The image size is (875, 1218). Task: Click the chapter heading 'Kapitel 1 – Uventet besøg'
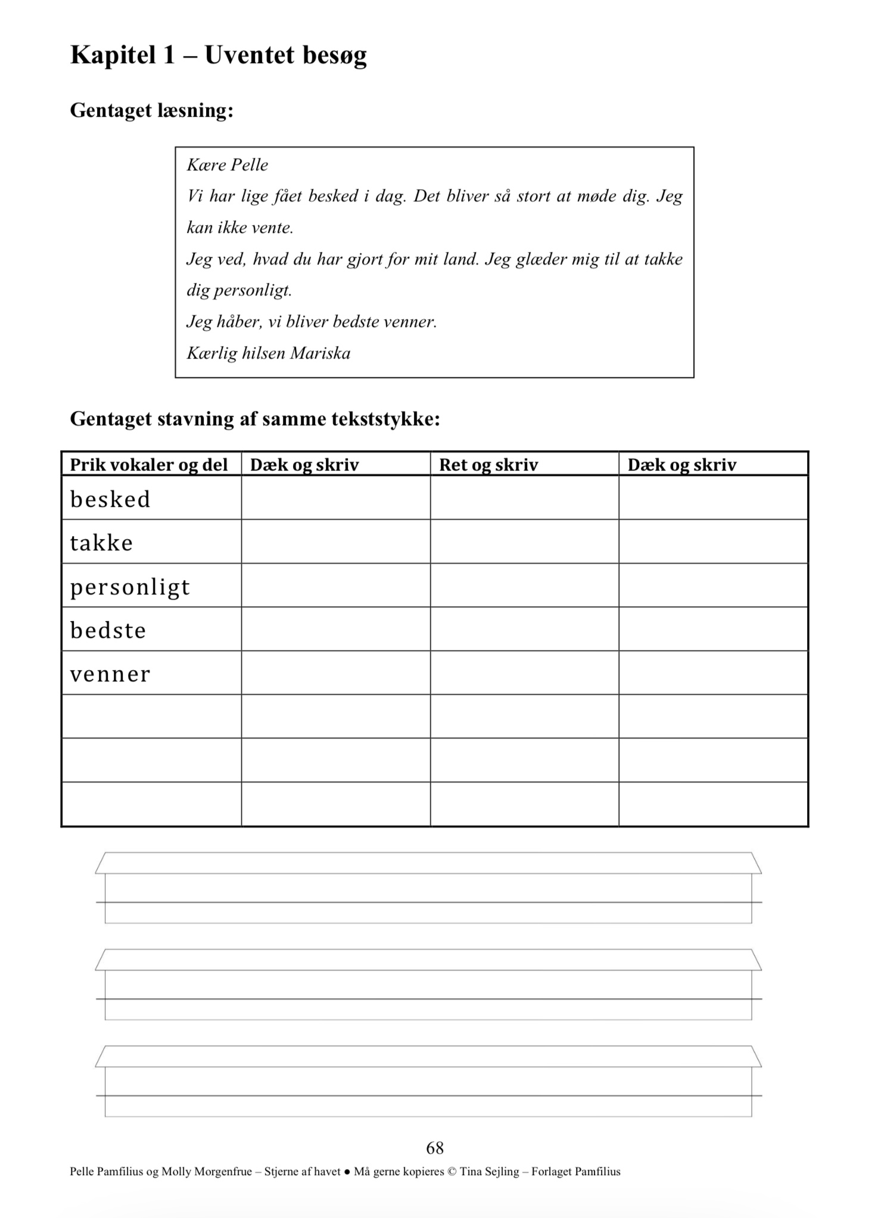point(218,55)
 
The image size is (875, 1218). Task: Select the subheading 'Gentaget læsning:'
point(151,111)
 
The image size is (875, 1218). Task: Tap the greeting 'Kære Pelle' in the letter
point(228,165)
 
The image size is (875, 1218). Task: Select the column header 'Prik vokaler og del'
point(149,465)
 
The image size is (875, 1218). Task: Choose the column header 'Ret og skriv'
point(488,465)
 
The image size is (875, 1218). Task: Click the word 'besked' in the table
point(110,500)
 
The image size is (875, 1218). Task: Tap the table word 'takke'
point(101,543)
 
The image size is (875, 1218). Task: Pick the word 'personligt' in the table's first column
point(130,587)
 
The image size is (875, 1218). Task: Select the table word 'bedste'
point(108,631)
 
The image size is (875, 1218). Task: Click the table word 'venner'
point(110,674)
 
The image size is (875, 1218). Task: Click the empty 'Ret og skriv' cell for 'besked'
point(524,498)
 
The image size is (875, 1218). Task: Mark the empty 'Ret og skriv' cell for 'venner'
point(524,673)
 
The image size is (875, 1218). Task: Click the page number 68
point(435,1148)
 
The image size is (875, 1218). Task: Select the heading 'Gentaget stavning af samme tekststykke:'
point(255,419)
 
